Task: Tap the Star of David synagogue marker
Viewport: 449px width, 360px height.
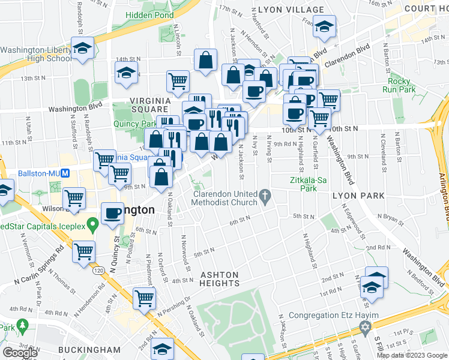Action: click(x=364, y=327)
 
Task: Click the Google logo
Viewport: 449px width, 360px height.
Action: click(x=20, y=352)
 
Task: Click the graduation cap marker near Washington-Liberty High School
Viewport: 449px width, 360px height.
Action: click(x=82, y=48)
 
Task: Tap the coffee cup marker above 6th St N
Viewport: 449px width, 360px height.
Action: click(x=112, y=213)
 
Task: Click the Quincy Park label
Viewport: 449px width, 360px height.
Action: click(x=136, y=124)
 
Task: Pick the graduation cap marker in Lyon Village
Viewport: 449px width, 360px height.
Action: click(x=324, y=27)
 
